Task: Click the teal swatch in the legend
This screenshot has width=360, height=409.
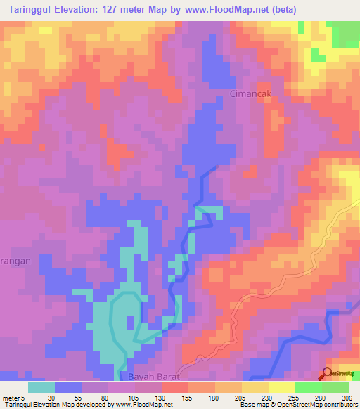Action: [x=41, y=387]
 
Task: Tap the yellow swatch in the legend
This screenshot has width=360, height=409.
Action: [x=282, y=387]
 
